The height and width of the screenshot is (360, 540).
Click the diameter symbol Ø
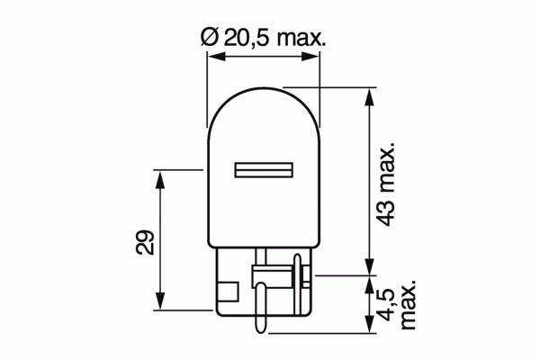pyautogui.click(x=209, y=38)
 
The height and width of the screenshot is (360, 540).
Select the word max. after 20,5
pyautogui.click(x=301, y=39)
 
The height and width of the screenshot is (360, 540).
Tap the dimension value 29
pyautogui.click(x=145, y=242)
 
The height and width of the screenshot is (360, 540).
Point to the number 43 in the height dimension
pyautogui.click(x=385, y=214)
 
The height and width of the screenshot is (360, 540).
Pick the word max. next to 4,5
pyautogui.click(x=408, y=305)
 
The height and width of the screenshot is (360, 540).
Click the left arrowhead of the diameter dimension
pyautogui.click(x=216, y=57)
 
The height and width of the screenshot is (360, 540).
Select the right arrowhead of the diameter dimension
pyautogui.click(x=310, y=57)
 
